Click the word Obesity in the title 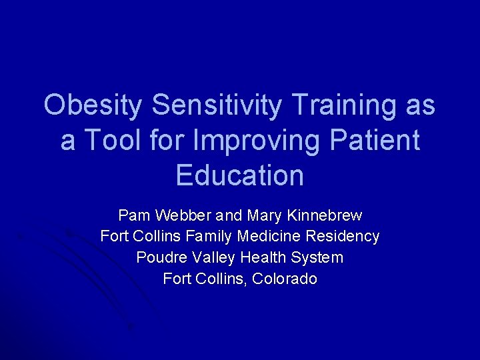[x=93, y=105]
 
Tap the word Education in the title [x=240, y=175]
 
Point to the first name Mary [x=263, y=215]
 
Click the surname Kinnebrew [x=323, y=215]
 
